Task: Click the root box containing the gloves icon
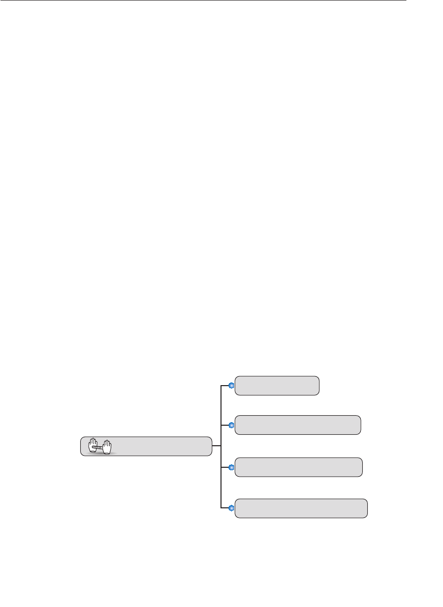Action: [150, 446]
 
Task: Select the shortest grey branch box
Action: [277, 386]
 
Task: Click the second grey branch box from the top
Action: [298, 425]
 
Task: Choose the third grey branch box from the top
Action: [299, 467]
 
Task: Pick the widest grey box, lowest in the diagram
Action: [301, 508]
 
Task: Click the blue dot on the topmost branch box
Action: [232, 386]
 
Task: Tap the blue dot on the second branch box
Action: [232, 425]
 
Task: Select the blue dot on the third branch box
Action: [232, 467]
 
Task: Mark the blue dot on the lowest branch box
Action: [232, 508]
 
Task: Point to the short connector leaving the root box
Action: [216, 446]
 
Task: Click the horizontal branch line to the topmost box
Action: [225, 386]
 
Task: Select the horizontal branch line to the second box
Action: [225, 425]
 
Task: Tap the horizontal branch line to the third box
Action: [225, 467]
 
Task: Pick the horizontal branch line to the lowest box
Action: [225, 508]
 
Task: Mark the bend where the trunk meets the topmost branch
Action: [221, 386]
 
